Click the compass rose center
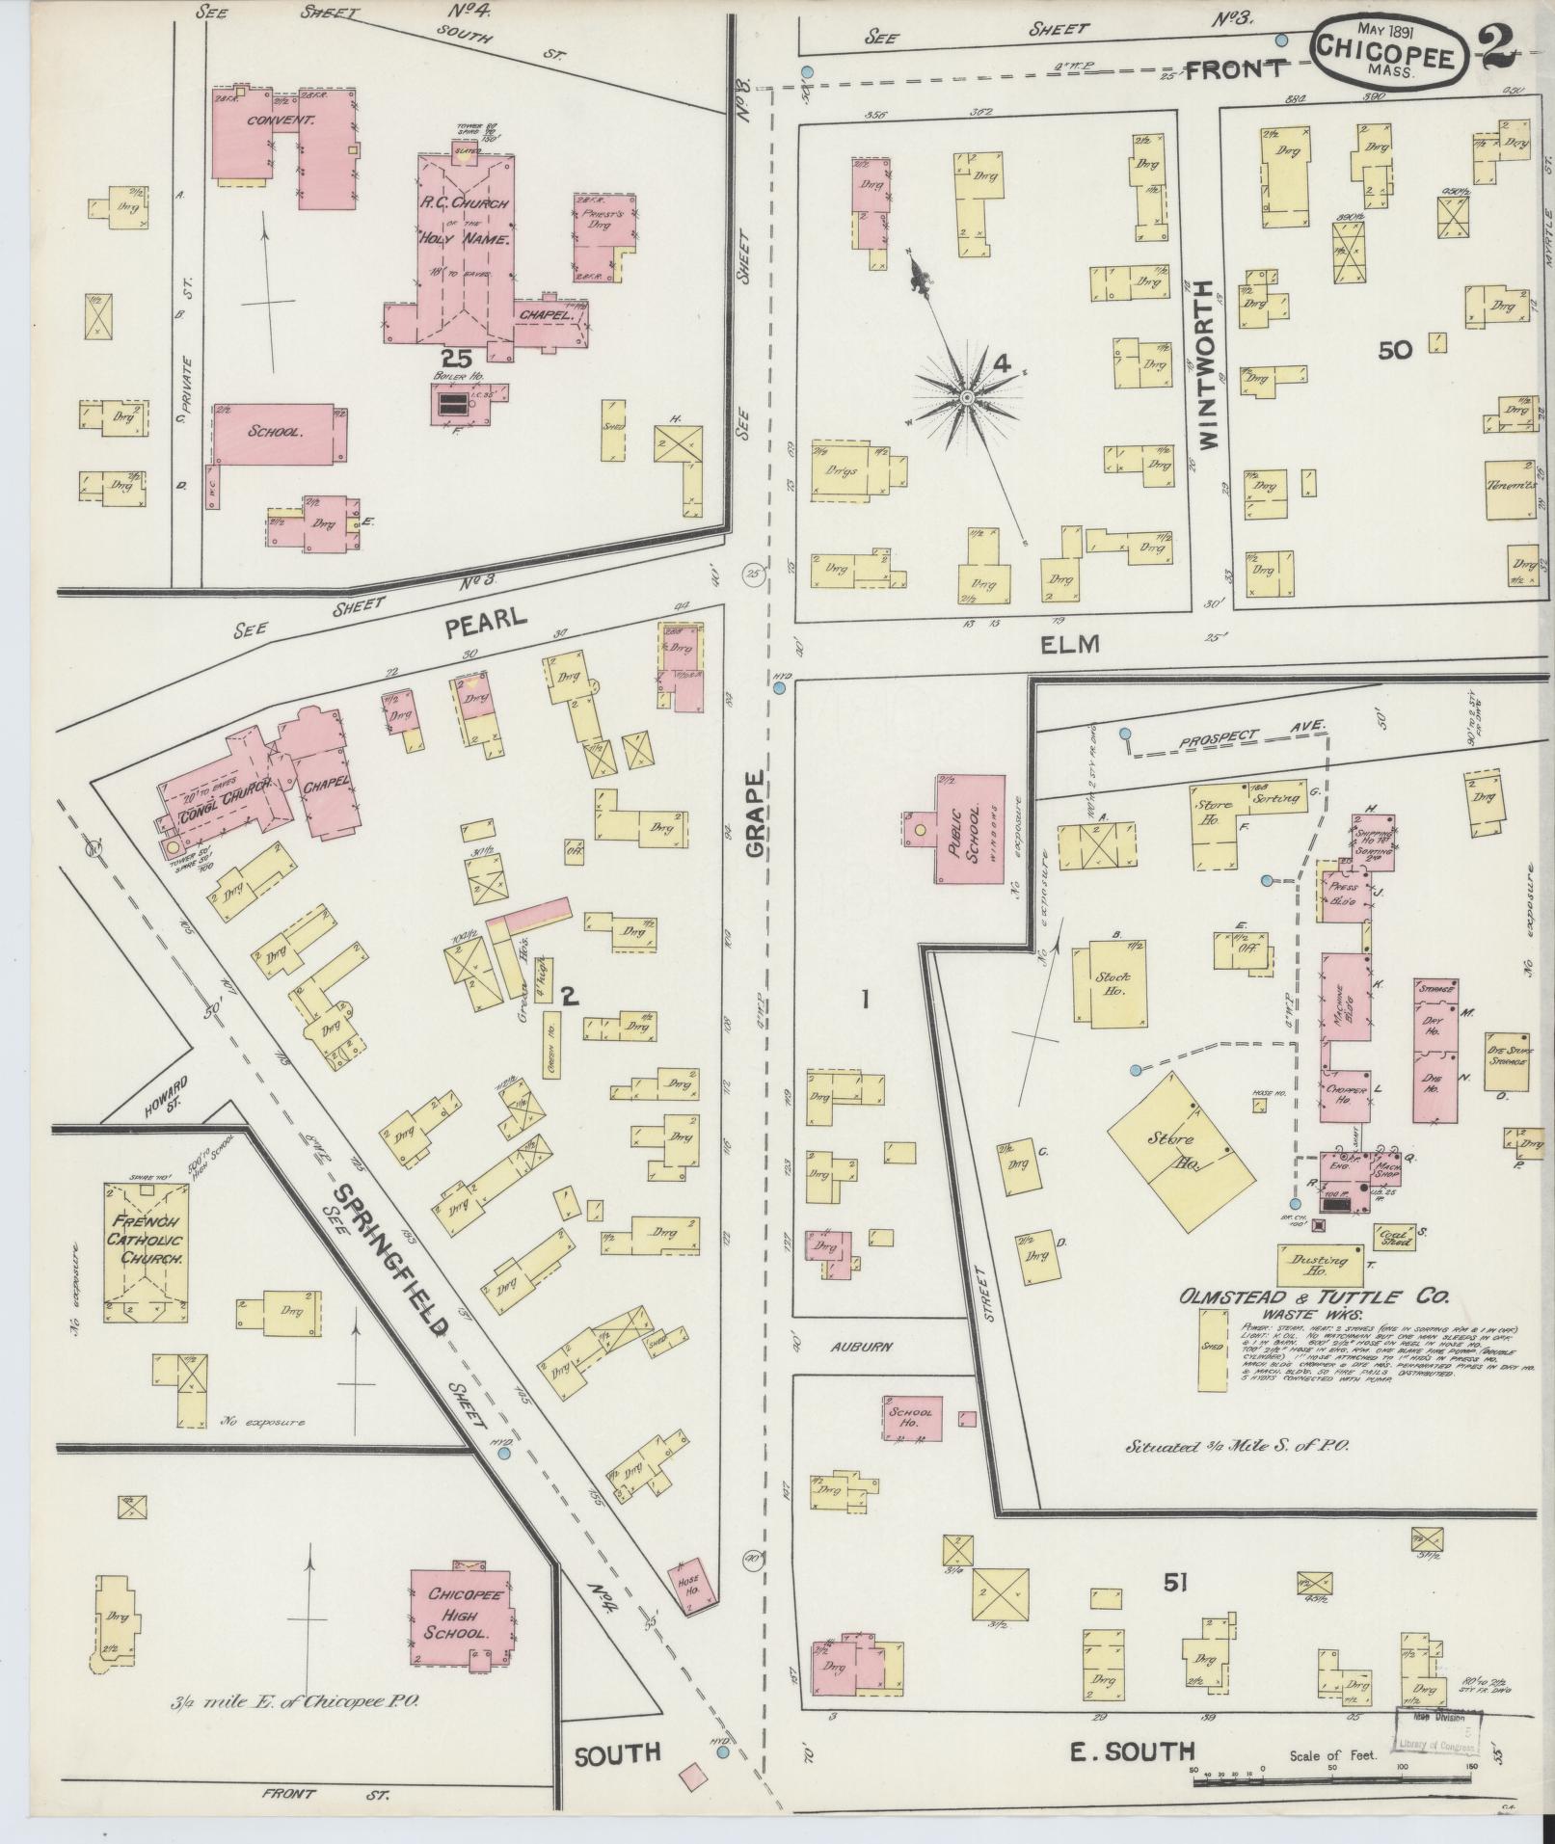966,397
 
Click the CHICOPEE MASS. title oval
1389,54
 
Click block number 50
1394,351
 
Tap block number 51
1173,1583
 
